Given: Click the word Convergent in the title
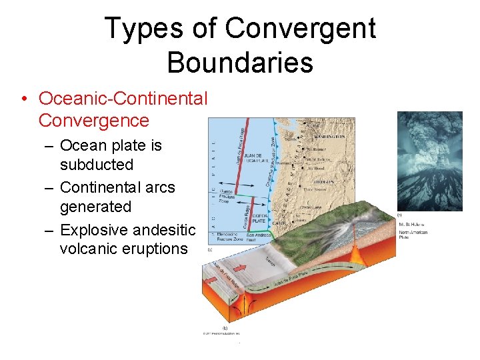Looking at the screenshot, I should pyautogui.click(x=300, y=29).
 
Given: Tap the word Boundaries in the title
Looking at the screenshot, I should pyautogui.click(x=240, y=62).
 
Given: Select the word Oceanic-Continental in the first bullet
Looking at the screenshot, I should pyautogui.click(x=123, y=99).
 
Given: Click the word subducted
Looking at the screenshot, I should pyautogui.click(x=97, y=165).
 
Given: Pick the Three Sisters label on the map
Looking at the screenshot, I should pyautogui.click(x=313, y=189).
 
